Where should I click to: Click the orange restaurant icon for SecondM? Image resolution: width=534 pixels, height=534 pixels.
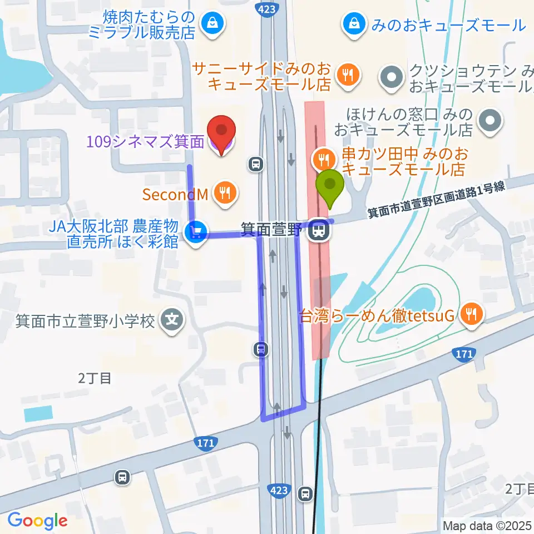click(x=225, y=193)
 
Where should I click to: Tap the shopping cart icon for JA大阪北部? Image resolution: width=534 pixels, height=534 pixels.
click(x=195, y=230)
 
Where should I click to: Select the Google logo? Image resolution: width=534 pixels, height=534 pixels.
click(x=37, y=520)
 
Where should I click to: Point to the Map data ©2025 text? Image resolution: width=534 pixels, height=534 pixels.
click(x=487, y=525)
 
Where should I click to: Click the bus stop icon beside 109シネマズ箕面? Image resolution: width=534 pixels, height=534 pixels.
click(x=256, y=164)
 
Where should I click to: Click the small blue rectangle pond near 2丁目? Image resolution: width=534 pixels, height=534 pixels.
click(x=38, y=414)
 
